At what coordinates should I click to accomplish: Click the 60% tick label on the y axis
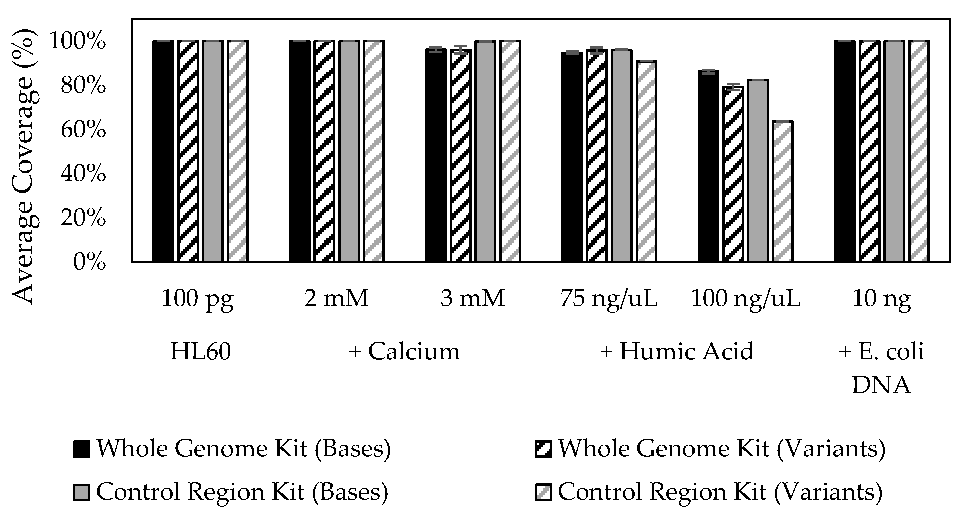(83, 130)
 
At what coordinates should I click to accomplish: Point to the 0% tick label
(89, 262)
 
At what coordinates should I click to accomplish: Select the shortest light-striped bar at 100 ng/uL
(783, 191)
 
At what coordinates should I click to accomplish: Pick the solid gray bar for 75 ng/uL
(621, 155)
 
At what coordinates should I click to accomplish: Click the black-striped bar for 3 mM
(461, 155)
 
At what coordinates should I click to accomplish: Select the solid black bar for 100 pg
(163, 151)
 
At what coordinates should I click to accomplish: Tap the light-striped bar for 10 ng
(919, 151)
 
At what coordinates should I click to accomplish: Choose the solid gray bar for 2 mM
(349, 151)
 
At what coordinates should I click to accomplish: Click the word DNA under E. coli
(881, 385)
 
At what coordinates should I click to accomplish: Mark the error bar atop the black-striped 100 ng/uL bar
(733, 87)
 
